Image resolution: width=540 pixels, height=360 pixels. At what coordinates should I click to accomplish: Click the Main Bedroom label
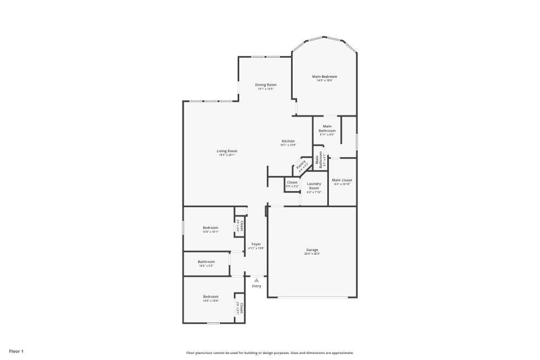click(325, 77)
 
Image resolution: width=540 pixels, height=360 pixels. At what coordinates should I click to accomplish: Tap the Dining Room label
click(266, 85)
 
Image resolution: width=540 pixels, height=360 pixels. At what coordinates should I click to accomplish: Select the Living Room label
click(227, 151)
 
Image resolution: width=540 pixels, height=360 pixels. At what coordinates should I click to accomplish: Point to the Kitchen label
click(287, 141)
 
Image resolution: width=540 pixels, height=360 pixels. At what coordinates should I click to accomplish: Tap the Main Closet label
click(342, 180)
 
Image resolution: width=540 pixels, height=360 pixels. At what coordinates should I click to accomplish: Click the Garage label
click(312, 250)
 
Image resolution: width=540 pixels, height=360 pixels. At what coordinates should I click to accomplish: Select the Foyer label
click(256, 244)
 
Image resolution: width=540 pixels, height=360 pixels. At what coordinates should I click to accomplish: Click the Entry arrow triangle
click(256, 280)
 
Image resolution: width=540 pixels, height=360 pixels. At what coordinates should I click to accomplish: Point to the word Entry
click(256, 286)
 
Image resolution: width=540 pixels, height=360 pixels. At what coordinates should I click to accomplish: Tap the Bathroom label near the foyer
click(206, 262)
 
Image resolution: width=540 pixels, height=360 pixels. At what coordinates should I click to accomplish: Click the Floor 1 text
click(16, 351)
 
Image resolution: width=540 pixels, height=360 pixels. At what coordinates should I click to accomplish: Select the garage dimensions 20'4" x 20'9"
click(312, 254)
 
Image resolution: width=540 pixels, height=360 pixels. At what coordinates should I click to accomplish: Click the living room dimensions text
click(227, 155)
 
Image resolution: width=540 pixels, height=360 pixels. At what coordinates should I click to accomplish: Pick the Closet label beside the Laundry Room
click(292, 182)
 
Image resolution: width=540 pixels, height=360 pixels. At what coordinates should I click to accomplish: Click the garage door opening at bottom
click(312, 297)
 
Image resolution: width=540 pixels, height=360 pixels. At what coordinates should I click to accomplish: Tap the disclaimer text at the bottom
click(270, 352)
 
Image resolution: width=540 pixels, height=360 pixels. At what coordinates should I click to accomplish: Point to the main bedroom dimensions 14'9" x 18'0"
click(325, 80)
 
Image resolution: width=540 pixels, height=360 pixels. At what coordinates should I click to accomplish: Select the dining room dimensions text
click(266, 89)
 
